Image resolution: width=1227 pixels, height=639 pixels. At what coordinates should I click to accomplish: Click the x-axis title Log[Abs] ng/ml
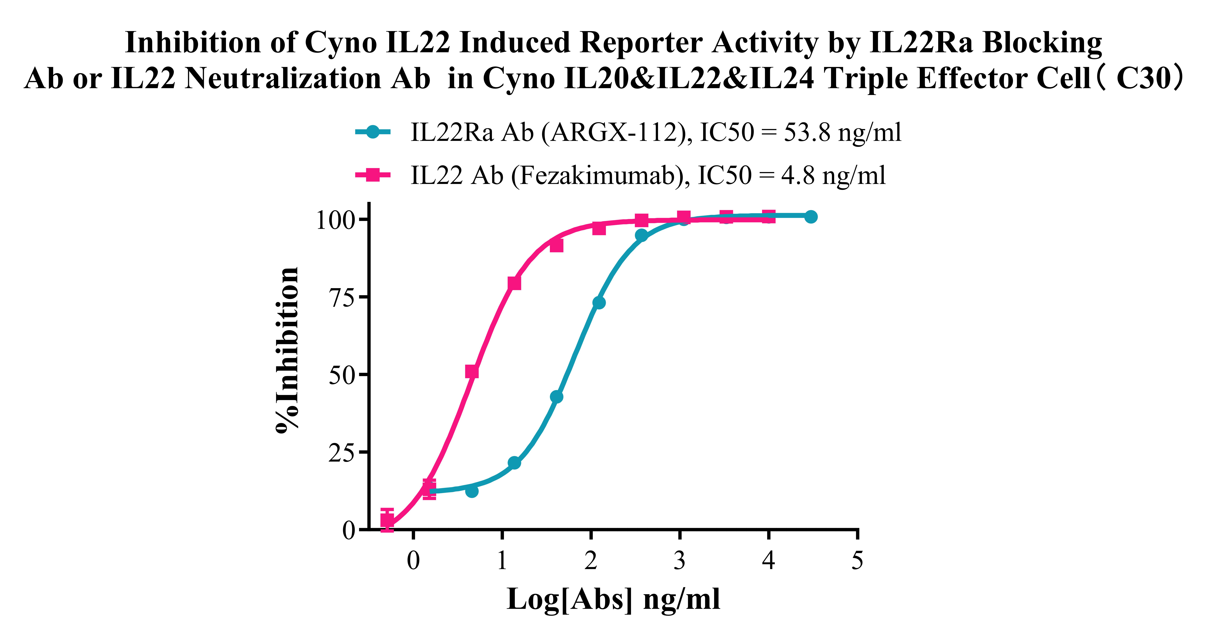613,599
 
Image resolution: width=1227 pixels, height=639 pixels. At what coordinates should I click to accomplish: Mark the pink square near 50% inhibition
472,372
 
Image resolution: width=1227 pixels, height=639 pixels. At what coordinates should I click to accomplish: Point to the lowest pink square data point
387,520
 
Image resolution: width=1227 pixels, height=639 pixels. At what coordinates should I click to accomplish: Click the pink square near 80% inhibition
514,283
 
